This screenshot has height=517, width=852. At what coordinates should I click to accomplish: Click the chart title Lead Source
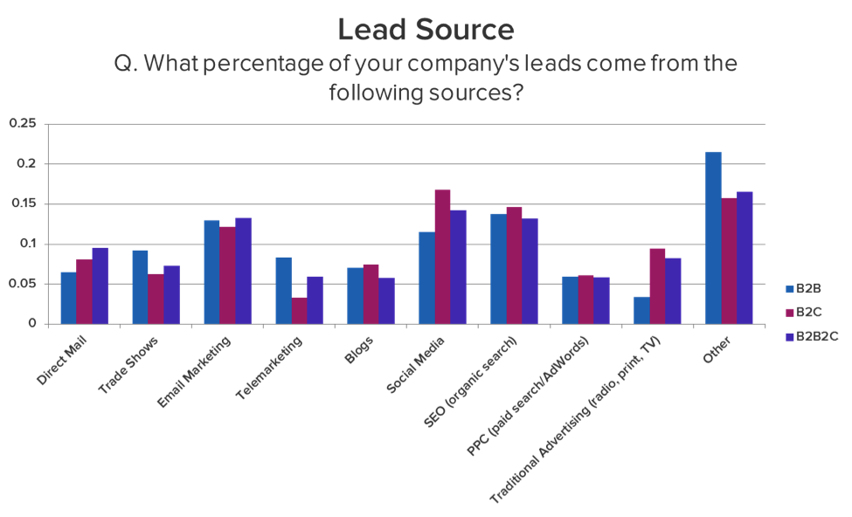pos(426,30)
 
